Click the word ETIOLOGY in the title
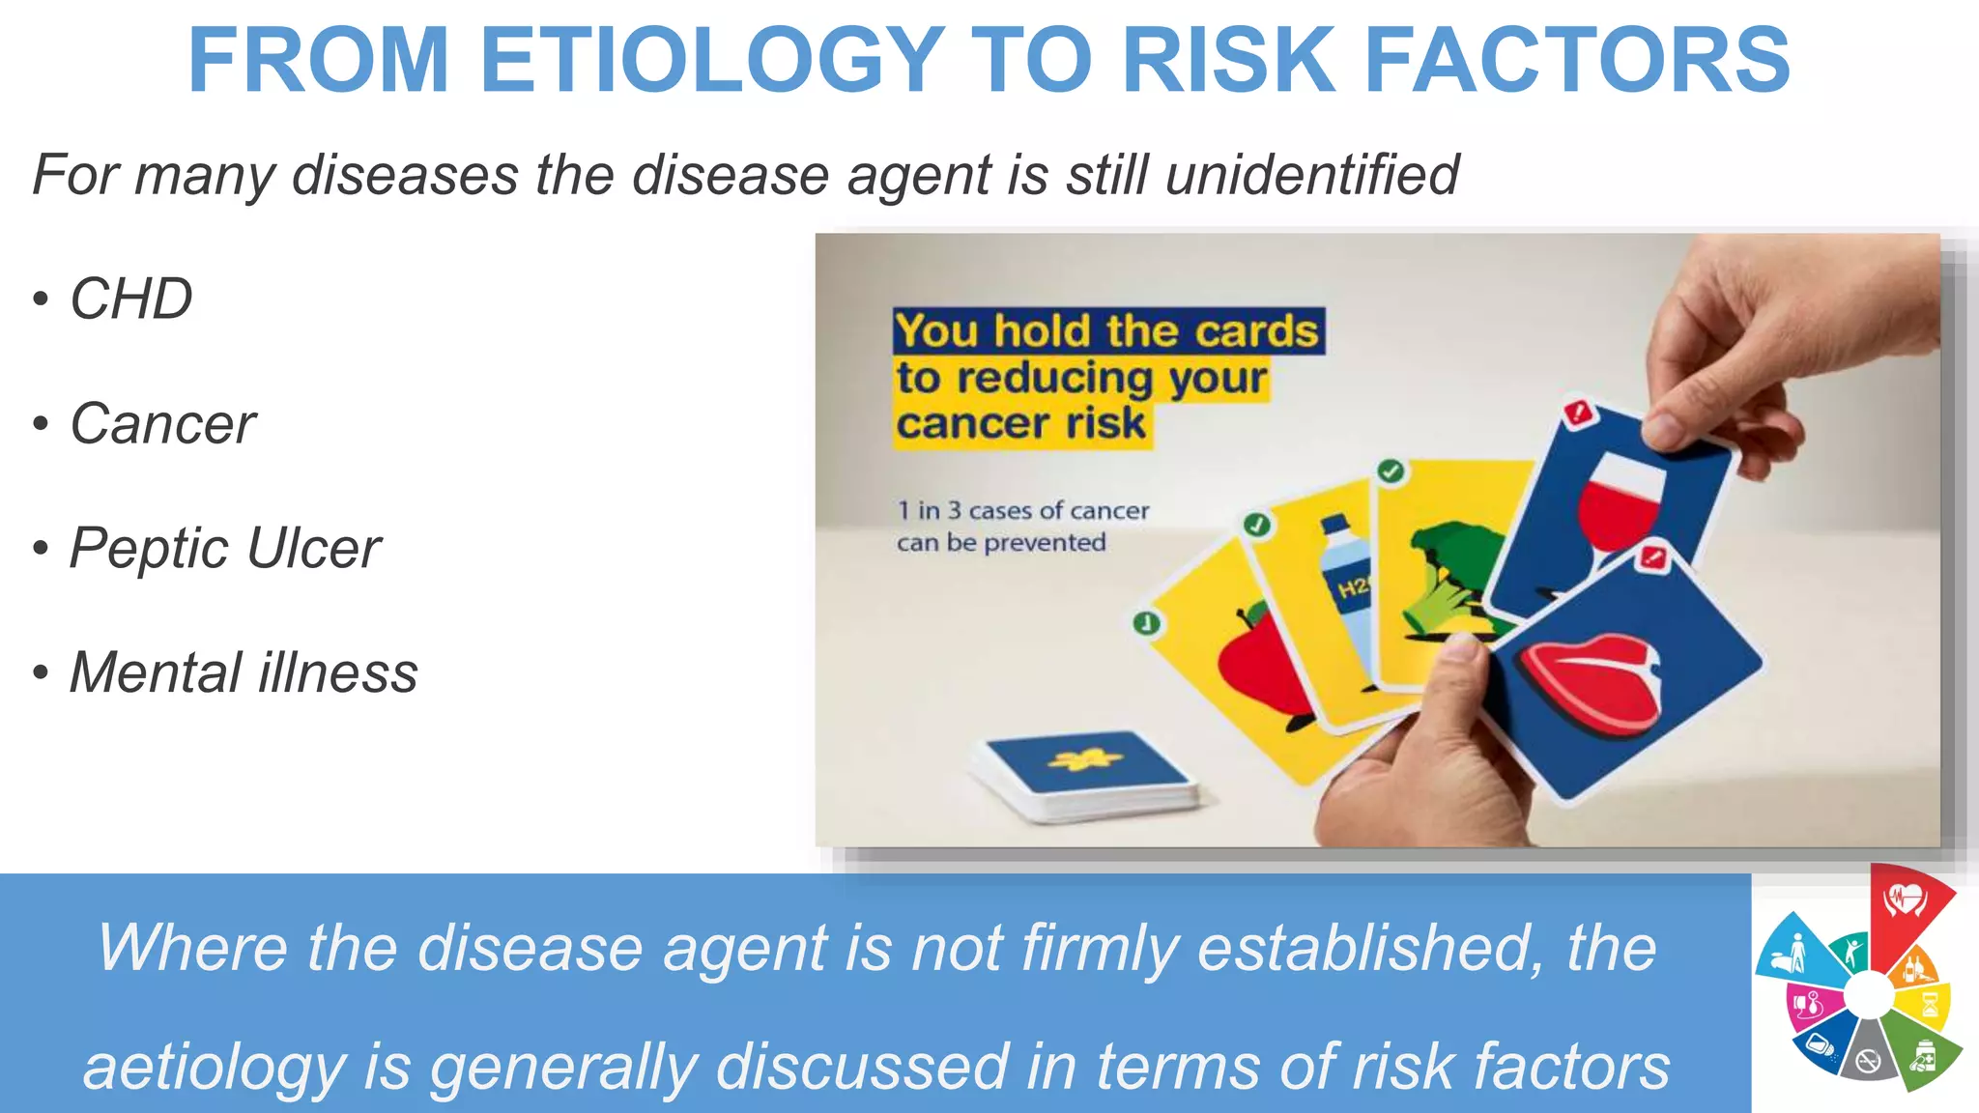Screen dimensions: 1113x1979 711,60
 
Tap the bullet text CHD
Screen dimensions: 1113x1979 131,299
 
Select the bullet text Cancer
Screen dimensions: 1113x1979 162,424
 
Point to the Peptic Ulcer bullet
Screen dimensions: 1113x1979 225,549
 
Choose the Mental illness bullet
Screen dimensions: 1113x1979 244,673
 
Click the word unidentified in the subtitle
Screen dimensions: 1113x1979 1311,175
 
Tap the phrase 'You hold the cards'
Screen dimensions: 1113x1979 1106,331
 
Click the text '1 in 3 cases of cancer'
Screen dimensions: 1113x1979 1023,510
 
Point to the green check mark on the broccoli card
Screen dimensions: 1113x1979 1391,471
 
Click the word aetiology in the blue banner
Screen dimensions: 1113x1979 215,1068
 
